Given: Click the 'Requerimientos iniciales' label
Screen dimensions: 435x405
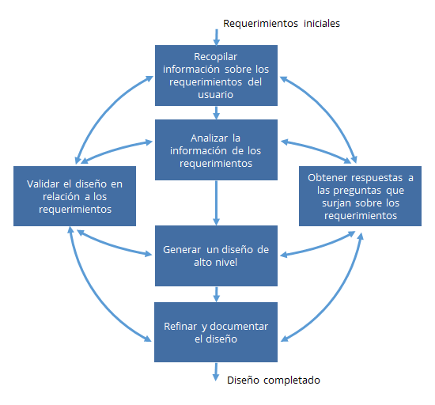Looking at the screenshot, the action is (x=282, y=24).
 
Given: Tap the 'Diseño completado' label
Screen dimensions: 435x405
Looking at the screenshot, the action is (x=274, y=380).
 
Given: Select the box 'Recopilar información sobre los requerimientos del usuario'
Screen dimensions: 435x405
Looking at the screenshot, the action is (x=216, y=75).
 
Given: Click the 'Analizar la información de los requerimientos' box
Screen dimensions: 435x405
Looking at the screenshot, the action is (x=216, y=150).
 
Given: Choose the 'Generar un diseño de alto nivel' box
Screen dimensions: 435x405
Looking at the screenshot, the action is (x=216, y=255).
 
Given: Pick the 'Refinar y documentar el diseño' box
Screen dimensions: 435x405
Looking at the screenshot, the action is (x=216, y=332).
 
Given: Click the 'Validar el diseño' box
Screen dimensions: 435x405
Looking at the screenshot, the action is (x=74, y=196).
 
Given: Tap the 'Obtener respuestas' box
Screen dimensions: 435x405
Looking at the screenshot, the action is (x=360, y=196).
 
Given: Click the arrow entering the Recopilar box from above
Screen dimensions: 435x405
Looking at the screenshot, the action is (x=217, y=37).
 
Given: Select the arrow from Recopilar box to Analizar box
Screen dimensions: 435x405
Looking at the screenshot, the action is (x=217, y=112).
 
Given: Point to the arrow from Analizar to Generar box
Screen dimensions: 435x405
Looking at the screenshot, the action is (x=217, y=202).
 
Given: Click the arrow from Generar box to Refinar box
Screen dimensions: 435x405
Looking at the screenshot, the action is (x=217, y=294).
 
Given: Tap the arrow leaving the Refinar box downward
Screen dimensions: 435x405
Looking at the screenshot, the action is (x=216, y=372).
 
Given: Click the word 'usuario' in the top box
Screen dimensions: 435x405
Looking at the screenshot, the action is (x=216, y=95).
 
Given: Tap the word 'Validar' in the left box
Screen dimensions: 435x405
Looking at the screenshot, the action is (x=43, y=184).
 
